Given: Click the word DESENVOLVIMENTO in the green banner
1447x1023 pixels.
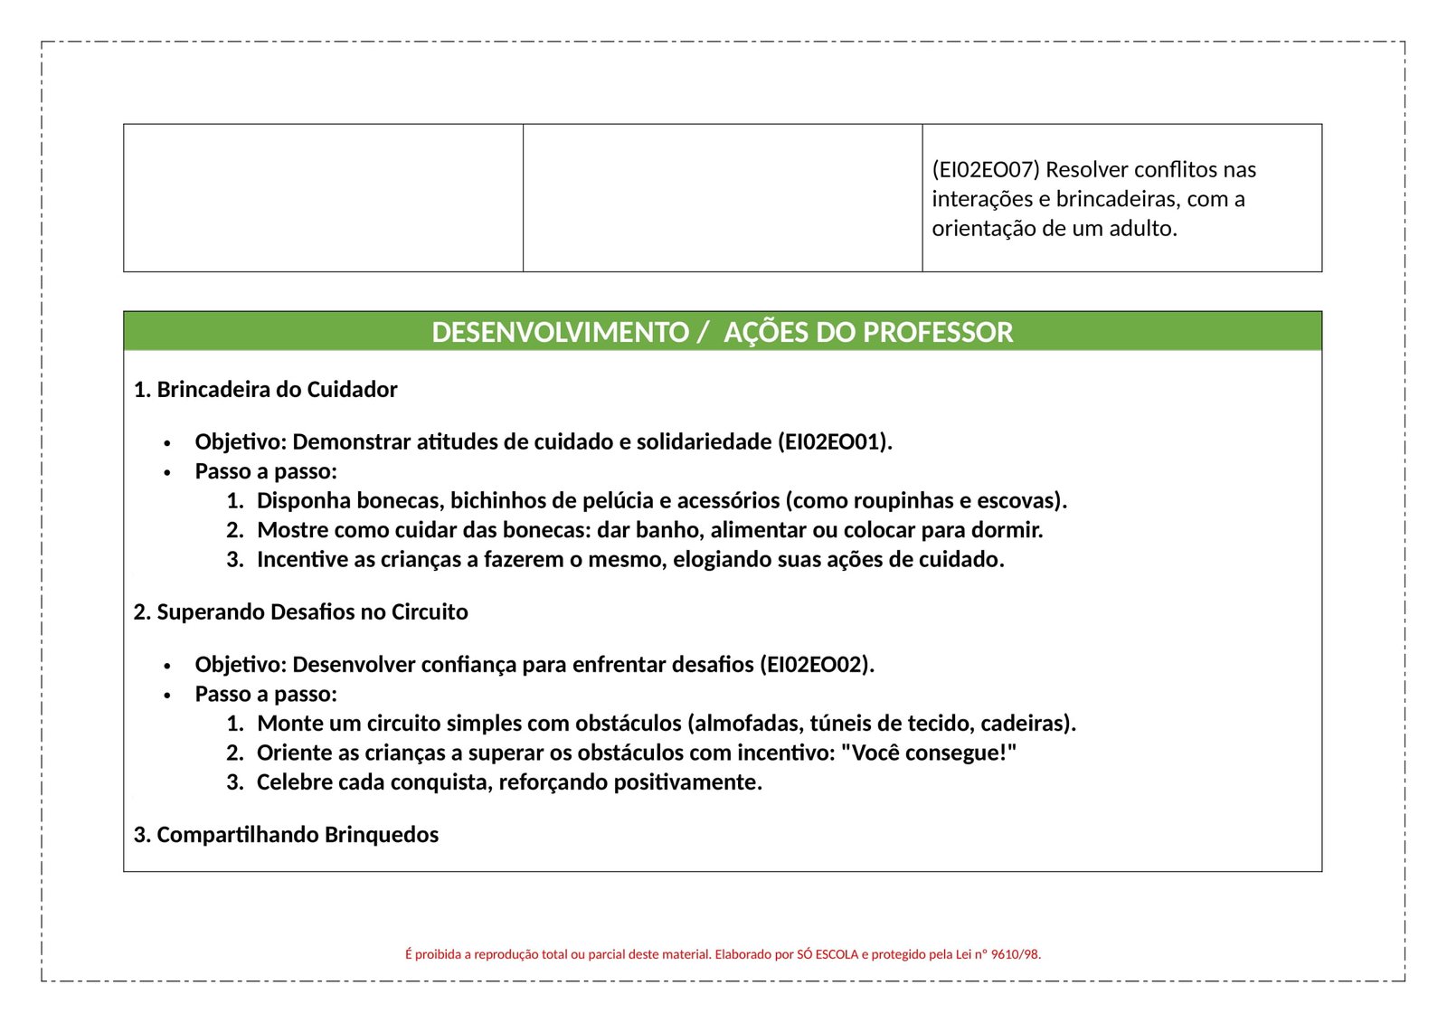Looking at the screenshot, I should click(x=560, y=332).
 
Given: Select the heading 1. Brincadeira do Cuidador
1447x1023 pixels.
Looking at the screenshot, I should click(x=265, y=390).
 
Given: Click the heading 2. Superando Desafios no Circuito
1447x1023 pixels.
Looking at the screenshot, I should click(x=300, y=612).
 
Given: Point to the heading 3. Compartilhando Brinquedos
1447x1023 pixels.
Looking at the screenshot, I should click(x=286, y=835).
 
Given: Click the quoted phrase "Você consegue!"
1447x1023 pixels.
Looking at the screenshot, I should click(x=929, y=753).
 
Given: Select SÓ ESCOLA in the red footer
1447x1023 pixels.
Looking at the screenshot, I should click(x=827, y=954).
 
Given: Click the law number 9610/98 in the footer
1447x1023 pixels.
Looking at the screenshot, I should click(x=1015, y=954).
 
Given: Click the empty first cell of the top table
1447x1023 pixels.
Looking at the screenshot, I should click(x=323, y=198).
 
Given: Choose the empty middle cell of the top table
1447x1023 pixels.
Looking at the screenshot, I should click(x=723, y=198).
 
